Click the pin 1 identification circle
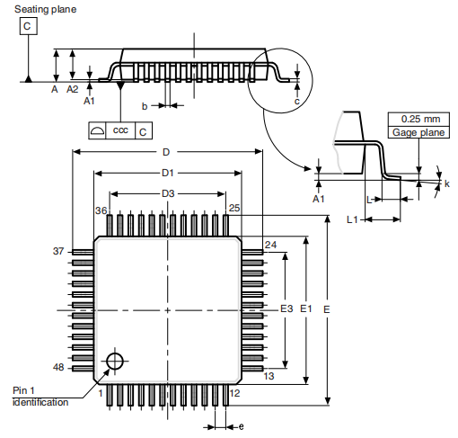coord(114,361)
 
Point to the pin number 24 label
coord(270,245)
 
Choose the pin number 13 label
coord(269,376)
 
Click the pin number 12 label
coord(234,394)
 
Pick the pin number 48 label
coord(58,368)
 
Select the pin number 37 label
coord(58,252)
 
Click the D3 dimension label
coord(167,193)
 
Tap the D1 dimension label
coord(167,172)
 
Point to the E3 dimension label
coord(286,308)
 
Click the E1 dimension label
coord(305,308)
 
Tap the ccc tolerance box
coord(120,131)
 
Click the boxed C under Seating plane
coord(27,27)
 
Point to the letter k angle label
coord(446,183)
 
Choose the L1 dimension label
coord(353,219)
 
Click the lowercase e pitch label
coord(241,426)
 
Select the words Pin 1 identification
coord(40,396)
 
